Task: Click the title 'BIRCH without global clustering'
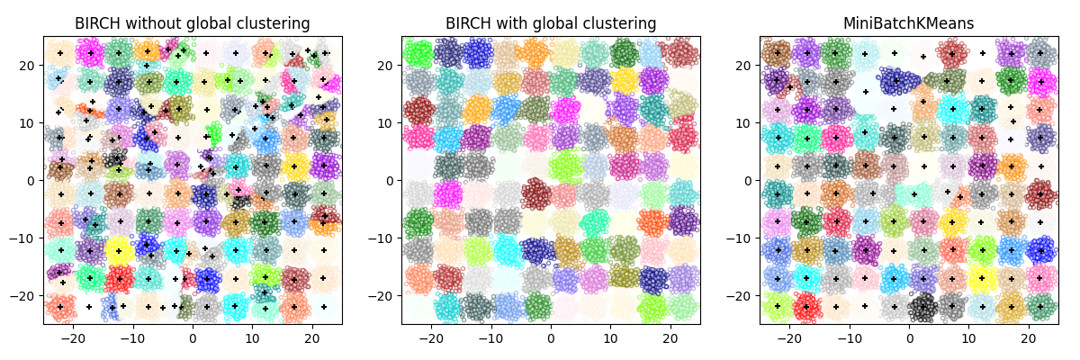tap(193, 23)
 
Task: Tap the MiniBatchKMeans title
tap(909, 23)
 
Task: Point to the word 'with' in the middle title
tap(500, 23)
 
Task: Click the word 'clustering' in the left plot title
tap(274, 23)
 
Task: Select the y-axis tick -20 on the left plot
tap(25, 295)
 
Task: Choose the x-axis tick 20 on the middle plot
tap(670, 338)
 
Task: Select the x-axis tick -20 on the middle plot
tap(431, 338)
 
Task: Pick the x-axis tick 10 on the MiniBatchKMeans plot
tap(968, 338)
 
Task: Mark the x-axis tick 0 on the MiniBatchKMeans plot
tap(909, 338)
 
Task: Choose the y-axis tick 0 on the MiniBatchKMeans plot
tap(748, 180)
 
